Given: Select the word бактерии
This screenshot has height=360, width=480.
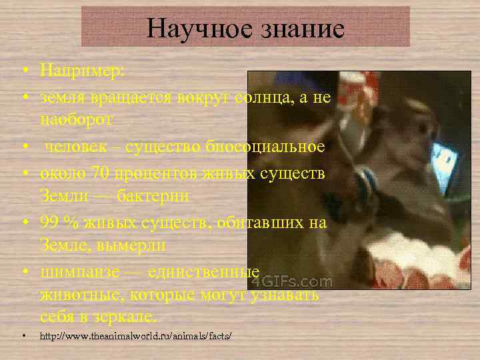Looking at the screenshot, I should coord(153,197).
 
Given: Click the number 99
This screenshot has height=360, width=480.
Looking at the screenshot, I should coord(51,222).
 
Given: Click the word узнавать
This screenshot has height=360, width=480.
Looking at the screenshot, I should coord(283,294).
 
